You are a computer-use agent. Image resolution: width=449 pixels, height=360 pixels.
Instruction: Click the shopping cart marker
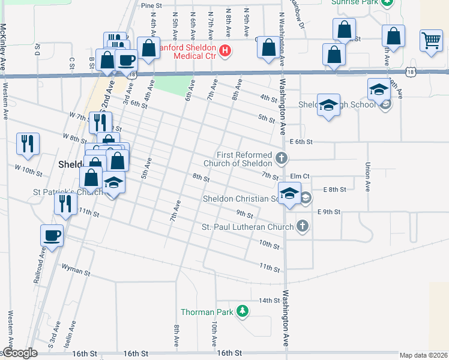[x=431, y=41]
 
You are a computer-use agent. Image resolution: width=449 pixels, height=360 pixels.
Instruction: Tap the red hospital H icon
[x=225, y=50]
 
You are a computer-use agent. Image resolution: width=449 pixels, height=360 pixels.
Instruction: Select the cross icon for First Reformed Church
[x=282, y=159]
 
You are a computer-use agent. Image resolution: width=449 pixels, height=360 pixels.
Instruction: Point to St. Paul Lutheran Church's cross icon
[x=303, y=226]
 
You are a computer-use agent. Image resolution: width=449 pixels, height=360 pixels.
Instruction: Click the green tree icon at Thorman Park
[x=242, y=311]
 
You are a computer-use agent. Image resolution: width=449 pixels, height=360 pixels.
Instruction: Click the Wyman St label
[x=76, y=272]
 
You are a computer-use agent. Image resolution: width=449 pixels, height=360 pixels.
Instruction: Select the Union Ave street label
[x=367, y=174]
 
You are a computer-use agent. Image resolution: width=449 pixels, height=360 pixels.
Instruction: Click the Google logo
[x=20, y=353]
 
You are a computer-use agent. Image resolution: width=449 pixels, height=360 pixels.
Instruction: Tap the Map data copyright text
[x=423, y=355]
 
